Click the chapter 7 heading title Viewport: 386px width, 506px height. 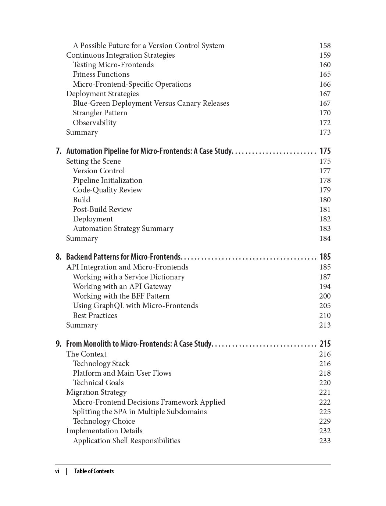click(x=149, y=151)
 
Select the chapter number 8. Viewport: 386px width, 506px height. click(x=58, y=257)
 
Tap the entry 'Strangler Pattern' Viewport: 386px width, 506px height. click(x=100, y=113)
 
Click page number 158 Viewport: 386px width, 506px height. click(x=325, y=46)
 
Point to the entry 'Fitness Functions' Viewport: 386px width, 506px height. click(x=101, y=74)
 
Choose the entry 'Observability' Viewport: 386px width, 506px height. click(x=94, y=123)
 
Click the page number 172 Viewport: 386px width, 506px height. click(x=325, y=123)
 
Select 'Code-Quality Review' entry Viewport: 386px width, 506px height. click(x=107, y=190)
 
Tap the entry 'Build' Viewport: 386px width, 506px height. click(x=81, y=200)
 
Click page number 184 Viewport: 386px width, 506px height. click(x=325, y=238)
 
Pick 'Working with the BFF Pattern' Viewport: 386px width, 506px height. click(x=121, y=296)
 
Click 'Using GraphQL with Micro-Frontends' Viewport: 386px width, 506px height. click(x=135, y=306)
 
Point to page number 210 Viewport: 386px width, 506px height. click(x=325, y=315)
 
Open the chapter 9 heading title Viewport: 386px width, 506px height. click(x=139, y=344)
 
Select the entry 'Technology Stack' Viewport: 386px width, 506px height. click(x=101, y=364)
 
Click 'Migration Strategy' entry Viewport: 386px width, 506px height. click(x=96, y=392)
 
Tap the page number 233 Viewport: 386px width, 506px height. click(x=325, y=441)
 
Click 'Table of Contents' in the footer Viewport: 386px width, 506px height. click(x=94, y=471)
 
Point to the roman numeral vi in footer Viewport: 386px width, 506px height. click(x=57, y=471)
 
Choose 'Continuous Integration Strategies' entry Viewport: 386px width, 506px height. click(x=120, y=55)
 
